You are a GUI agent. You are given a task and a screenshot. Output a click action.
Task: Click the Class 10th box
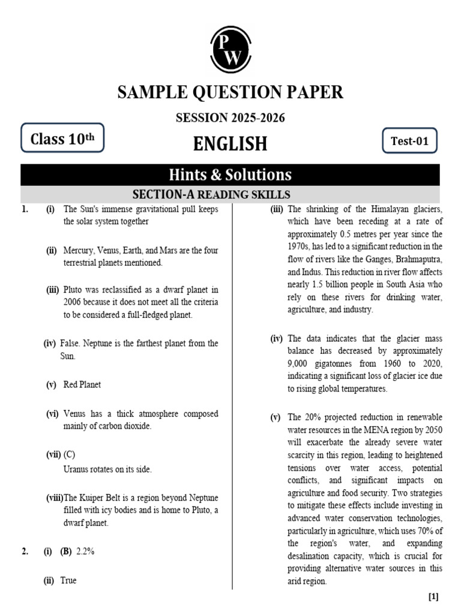click(x=62, y=140)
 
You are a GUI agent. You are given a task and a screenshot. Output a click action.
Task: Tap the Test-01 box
click(x=409, y=141)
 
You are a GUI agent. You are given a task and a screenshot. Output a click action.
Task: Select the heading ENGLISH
click(x=230, y=144)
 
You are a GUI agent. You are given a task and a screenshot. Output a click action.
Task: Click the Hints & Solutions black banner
click(x=230, y=174)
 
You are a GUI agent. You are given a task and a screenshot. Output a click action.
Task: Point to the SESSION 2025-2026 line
click(x=230, y=118)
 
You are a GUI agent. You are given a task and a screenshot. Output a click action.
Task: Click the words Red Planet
click(x=82, y=384)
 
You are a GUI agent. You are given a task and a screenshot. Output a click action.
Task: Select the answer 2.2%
click(x=85, y=552)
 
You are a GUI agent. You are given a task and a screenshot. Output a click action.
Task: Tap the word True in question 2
click(x=68, y=580)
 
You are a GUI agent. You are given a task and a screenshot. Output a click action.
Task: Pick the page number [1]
click(x=433, y=597)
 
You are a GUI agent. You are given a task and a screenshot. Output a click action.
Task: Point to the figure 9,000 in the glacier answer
click(x=300, y=364)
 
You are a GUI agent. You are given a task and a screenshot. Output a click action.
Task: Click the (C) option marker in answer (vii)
click(x=70, y=455)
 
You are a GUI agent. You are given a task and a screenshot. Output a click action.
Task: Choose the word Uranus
click(x=77, y=469)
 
